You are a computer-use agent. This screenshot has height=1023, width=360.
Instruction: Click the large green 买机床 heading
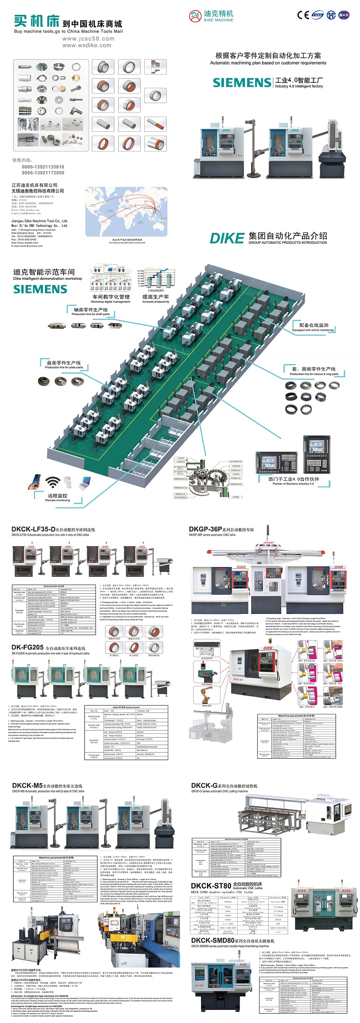(37, 21)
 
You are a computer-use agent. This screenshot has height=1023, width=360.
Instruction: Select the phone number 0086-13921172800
(43, 173)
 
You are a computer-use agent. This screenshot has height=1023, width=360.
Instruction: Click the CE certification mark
(303, 15)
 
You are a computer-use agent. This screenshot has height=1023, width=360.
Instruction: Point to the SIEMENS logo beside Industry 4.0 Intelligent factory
(241, 83)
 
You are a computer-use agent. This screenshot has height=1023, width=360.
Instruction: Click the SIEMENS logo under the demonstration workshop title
(40, 289)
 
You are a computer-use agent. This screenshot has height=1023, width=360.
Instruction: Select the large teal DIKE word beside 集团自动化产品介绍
(227, 238)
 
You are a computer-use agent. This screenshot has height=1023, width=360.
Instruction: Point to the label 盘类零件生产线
(63, 363)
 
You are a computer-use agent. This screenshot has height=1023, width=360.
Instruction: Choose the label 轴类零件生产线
(90, 310)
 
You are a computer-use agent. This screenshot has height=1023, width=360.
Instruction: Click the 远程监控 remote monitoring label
(57, 495)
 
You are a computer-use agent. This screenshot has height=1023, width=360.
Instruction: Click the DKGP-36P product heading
(205, 529)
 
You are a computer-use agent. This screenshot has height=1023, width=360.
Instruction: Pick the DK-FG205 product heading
(28, 647)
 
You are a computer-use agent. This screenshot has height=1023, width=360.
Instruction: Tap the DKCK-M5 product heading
(28, 785)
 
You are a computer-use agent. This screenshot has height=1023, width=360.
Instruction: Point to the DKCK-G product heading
(204, 785)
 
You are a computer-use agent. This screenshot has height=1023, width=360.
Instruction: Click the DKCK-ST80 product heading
(211, 885)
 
